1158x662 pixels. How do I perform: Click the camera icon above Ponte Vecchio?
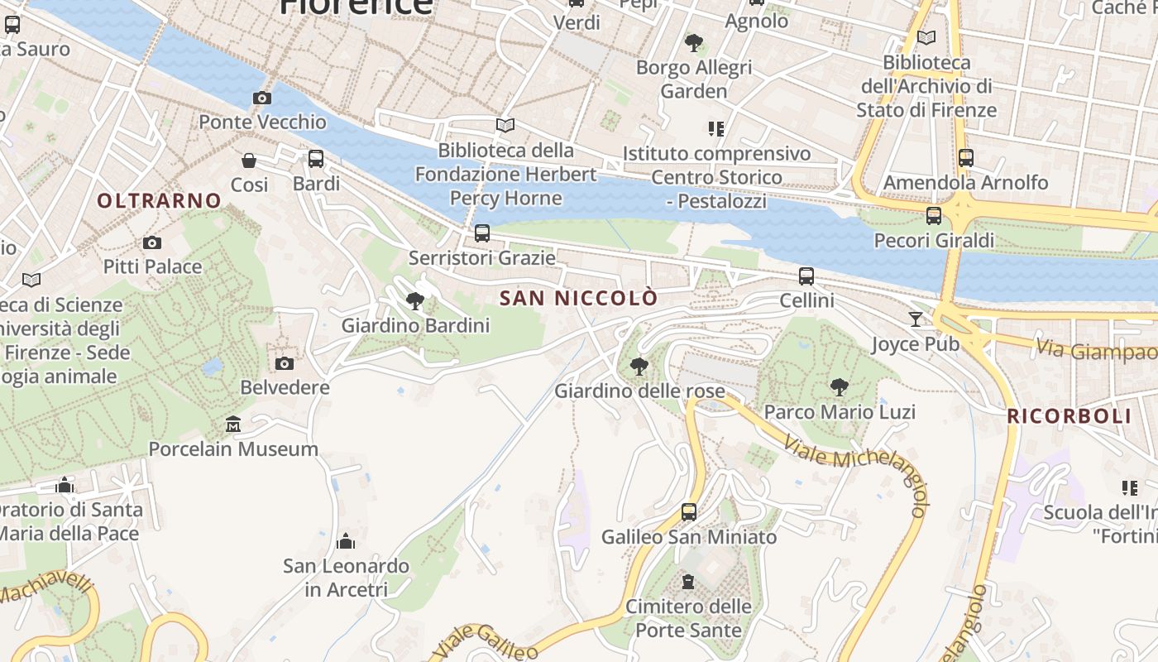point(262,98)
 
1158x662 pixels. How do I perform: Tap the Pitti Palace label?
point(152,266)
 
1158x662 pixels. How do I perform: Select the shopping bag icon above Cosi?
point(249,161)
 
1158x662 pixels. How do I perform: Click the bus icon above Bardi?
point(316,159)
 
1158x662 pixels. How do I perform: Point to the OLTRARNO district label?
point(160,200)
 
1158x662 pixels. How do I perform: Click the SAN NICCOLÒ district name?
point(579,298)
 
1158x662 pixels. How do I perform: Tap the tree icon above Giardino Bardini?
point(415,301)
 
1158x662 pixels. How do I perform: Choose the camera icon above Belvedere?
point(285,363)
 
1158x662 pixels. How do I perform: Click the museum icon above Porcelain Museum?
point(233,425)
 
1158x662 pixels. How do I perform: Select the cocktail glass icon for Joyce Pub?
point(916,319)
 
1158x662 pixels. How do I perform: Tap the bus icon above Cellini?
point(806,276)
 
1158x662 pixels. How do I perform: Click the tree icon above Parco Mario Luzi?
point(840,386)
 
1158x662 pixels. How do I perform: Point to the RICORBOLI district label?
point(1069,416)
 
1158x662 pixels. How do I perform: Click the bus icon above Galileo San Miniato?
point(689,512)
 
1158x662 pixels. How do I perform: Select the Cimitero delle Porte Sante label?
point(688,618)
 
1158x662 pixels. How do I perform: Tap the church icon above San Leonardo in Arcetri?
point(346,542)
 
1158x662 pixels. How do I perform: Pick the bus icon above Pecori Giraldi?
point(934,216)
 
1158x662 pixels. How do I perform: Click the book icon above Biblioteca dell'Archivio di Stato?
point(926,38)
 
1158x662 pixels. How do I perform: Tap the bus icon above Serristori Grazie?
point(482,233)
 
